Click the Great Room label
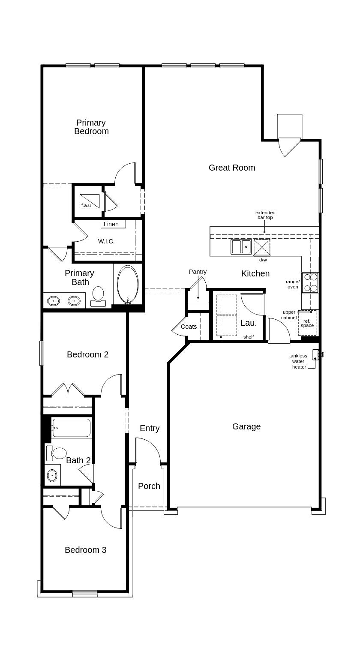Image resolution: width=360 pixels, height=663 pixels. pos(232,168)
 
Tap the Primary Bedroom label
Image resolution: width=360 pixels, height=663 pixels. pos(91,127)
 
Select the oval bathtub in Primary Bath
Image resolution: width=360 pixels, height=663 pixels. pos(128,285)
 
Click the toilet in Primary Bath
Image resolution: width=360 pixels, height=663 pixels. pos(98,297)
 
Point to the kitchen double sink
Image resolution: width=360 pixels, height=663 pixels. pos(241,247)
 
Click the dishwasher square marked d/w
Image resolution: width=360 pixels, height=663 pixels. pos(262,247)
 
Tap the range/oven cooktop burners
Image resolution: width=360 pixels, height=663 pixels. pos(310,283)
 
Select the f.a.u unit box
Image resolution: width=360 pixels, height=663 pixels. pos(90,201)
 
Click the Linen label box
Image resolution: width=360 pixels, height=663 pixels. pos(114,224)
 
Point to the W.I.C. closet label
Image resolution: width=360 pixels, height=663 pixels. pos(106,242)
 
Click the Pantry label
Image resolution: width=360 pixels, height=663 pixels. pos(198,272)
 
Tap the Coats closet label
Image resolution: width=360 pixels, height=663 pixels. pos(189,327)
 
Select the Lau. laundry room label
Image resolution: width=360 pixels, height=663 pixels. pos(249,323)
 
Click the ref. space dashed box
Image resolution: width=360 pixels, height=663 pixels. pos(307,323)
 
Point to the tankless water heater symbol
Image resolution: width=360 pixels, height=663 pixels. pos(318,354)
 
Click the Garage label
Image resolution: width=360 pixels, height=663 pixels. pos(246,426)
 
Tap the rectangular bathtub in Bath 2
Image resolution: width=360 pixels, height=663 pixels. pos(71,428)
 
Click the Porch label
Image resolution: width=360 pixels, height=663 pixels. pos(149,486)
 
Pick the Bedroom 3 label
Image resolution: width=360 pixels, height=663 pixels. pos(86,549)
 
